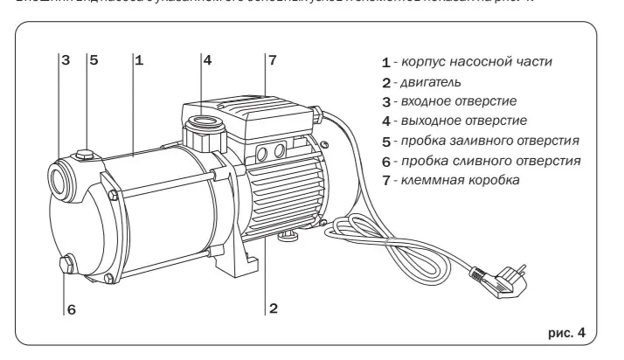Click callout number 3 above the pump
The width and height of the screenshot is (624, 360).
pyautogui.click(x=65, y=61)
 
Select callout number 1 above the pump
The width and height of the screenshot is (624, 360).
pyautogui.click(x=140, y=61)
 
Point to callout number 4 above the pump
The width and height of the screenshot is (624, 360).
pyautogui.click(x=207, y=61)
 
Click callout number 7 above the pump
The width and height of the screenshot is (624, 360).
pyautogui.click(x=273, y=61)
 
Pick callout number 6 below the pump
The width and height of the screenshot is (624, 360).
pyautogui.click(x=72, y=308)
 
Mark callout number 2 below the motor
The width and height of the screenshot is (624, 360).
pyautogui.click(x=274, y=308)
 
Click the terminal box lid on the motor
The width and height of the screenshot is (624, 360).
pyautogui.click(x=249, y=112)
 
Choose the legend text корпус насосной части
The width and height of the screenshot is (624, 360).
pyautogui.click(x=477, y=62)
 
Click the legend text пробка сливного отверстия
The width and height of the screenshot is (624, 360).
pyautogui.click(x=489, y=161)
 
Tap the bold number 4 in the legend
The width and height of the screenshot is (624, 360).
pyautogui.click(x=385, y=121)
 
